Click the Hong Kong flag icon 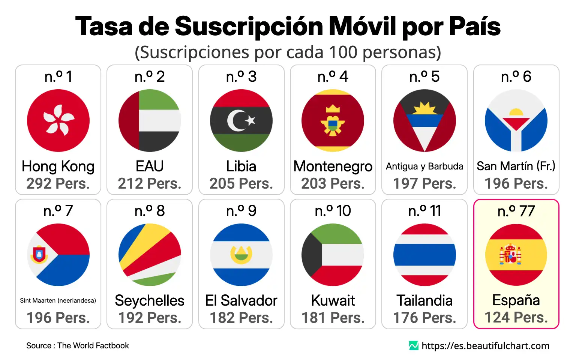(x=58, y=120)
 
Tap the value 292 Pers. (x=58, y=183)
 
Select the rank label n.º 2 (x=150, y=76)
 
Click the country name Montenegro (x=333, y=166)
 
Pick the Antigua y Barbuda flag (x=424, y=120)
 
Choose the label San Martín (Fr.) (x=516, y=166)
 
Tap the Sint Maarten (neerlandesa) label (x=58, y=300)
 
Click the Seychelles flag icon (x=150, y=255)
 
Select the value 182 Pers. (x=241, y=318)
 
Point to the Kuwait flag (x=333, y=255)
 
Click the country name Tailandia (x=424, y=300)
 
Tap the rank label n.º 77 (x=516, y=211)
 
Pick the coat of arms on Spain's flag (x=510, y=254)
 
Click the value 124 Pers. (x=516, y=317)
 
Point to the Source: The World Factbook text (x=78, y=345)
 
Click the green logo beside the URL (x=414, y=345)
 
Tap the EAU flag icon (x=150, y=120)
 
